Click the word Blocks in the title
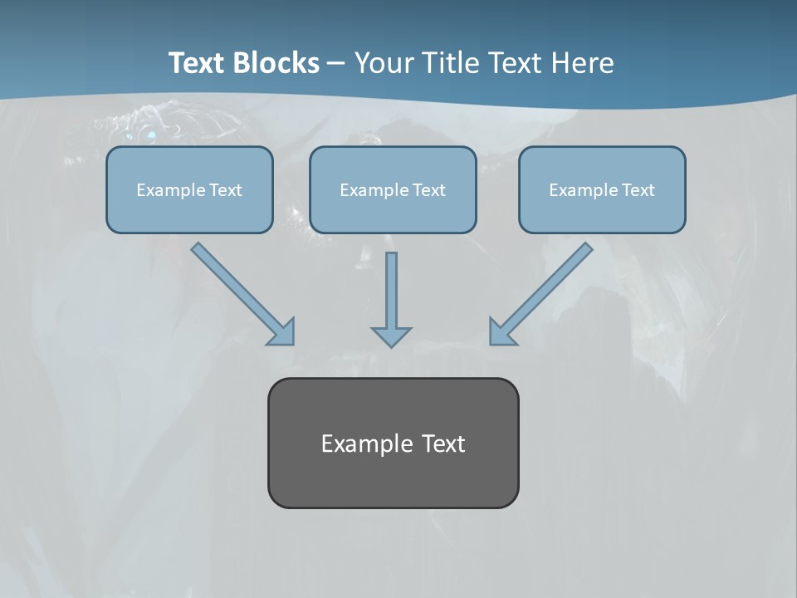tap(277, 63)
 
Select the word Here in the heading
tap(583, 63)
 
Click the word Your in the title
tap(380, 63)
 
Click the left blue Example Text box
tap(189, 189)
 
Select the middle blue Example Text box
tap(393, 189)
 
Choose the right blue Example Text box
tap(602, 189)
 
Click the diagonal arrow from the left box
tap(241, 292)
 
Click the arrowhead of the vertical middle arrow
tap(391, 336)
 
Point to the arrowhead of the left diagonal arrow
tap(283, 333)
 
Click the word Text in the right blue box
tap(638, 190)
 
